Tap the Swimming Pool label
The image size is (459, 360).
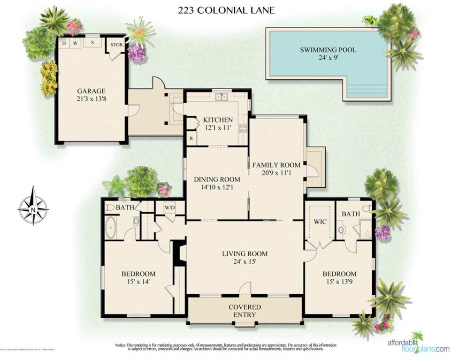(328, 50)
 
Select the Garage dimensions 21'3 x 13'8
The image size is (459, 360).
(92, 100)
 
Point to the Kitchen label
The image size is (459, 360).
(218, 120)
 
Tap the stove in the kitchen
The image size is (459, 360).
(243, 128)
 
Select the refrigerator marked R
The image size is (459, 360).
(191, 138)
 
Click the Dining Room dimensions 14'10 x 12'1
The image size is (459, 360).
(217, 187)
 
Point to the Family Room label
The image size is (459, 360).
(276, 165)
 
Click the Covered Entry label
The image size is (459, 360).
(245, 311)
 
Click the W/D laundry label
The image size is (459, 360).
(169, 207)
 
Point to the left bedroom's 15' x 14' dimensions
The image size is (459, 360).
(138, 282)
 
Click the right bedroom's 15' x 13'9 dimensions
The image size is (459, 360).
(339, 282)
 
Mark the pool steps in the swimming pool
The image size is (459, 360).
(367, 88)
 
